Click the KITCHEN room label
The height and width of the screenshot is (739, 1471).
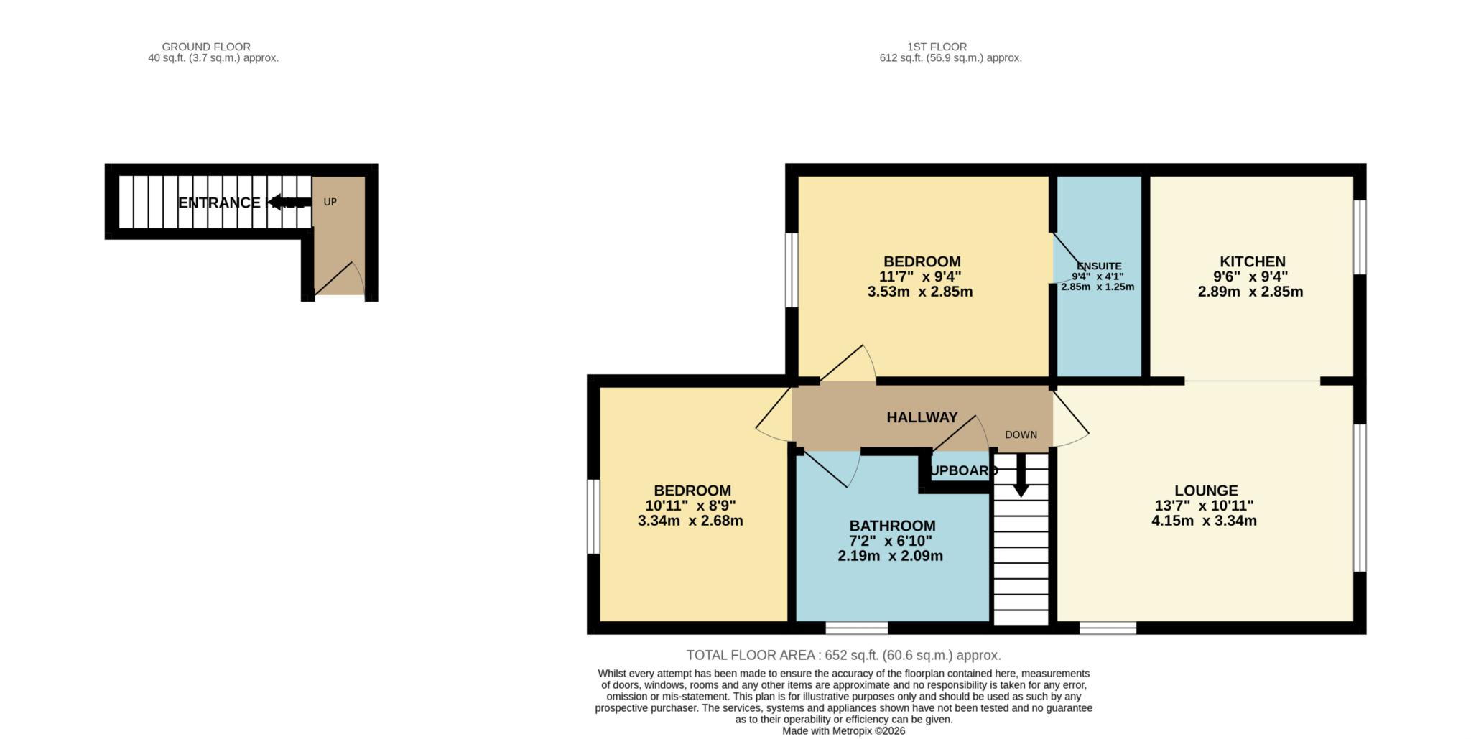click(1252, 261)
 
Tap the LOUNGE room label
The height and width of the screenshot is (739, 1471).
click(1205, 491)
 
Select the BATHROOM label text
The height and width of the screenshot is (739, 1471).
click(892, 526)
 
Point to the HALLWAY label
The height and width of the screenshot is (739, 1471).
click(922, 417)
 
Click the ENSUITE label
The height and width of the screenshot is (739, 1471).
click(1099, 266)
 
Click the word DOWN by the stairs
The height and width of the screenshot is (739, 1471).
click(1021, 434)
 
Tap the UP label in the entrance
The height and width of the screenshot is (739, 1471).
click(330, 202)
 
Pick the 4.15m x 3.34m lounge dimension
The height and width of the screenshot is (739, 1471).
click(1204, 521)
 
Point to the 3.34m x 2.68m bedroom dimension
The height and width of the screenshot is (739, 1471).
click(690, 521)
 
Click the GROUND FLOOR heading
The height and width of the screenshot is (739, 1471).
click(206, 47)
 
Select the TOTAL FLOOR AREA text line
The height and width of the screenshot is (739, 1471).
click(843, 655)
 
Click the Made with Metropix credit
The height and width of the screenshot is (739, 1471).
click(843, 731)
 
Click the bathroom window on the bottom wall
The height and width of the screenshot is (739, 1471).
click(856, 628)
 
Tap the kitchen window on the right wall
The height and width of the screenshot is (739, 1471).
click(1360, 237)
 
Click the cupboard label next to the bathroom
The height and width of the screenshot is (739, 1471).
click(962, 471)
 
